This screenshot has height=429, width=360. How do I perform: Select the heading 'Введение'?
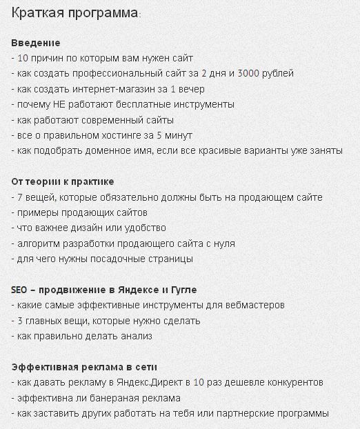point(36,43)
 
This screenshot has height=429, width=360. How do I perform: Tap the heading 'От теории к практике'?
point(63,181)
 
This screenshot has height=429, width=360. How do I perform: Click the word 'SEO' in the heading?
point(20,290)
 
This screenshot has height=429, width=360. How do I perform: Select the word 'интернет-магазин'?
point(110,89)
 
